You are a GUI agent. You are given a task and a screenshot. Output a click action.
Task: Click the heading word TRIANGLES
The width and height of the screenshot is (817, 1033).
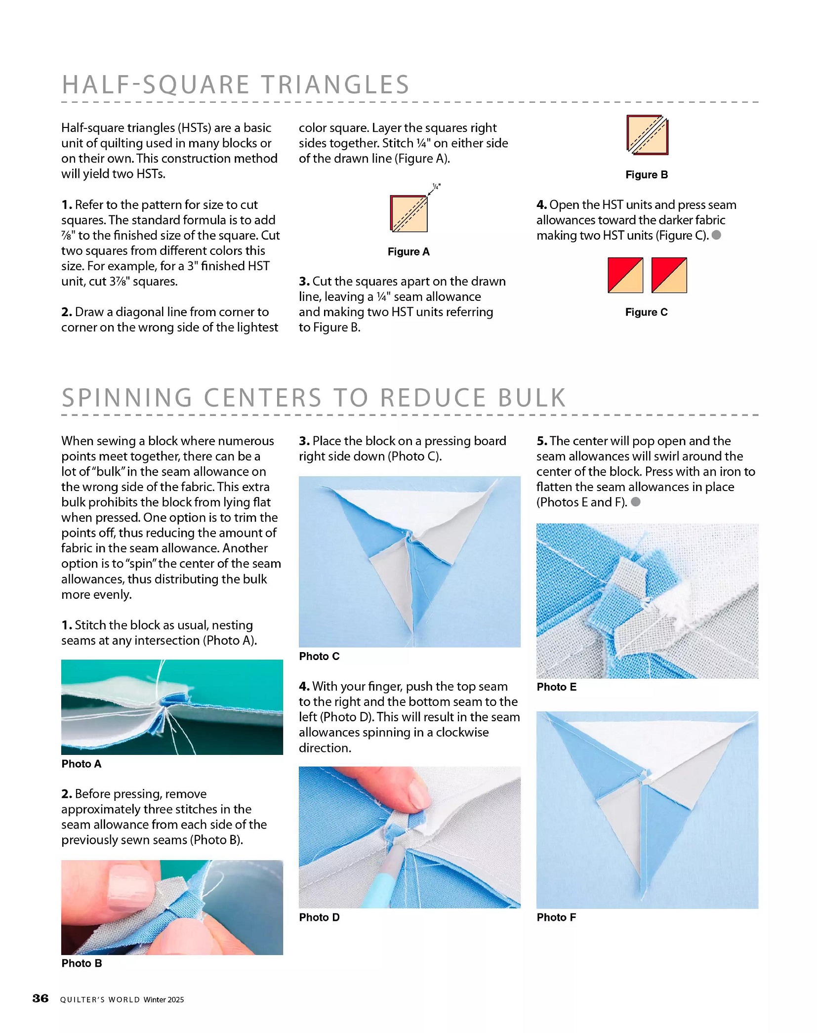pyautogui.click(x=335, y=84)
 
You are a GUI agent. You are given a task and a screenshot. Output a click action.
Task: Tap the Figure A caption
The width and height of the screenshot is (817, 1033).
pyautogui.click(x=408, y=251)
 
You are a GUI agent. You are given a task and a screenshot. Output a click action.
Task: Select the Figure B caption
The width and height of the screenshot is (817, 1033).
pyautogui.click(x=647, y=174)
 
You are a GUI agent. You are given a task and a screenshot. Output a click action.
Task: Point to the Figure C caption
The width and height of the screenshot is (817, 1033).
pyautogui.click(x=646, y=312)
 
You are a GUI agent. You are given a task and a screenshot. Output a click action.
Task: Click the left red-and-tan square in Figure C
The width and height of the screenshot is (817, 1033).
pyautogui.click(x=625, y=275)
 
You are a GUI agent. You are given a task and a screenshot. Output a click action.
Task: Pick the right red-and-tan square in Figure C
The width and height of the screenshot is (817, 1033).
pyautogui.click(x=669, y=275)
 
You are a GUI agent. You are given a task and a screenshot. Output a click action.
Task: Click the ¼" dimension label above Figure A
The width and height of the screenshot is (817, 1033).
pyautogui.click(x=436, y=187)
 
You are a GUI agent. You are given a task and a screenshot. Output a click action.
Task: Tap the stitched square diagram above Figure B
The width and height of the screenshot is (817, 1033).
pyautogui.click(x=647, y=135)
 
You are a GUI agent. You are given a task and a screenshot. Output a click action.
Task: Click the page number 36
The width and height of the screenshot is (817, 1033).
pyautogui.click(x=41, y=998)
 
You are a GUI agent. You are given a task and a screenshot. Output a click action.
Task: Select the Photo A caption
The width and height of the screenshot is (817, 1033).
pyautogui.click(x=81, y=764)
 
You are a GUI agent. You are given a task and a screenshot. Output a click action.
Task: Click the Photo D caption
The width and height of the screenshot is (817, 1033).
pyautogui.click(x=319, y=917)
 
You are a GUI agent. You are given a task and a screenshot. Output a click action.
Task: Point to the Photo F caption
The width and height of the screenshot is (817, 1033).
pyautogui.click(x=556, y=917)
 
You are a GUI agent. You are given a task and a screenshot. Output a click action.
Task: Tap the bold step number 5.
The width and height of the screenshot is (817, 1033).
pyautogui.click(x=541, y=441)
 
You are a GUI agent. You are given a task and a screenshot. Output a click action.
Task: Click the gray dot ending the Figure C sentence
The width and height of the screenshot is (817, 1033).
pyautogui.click(x=716, y=235)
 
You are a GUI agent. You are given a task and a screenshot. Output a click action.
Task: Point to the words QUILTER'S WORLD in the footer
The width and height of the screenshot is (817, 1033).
pyautogui.click(x=100, y=999)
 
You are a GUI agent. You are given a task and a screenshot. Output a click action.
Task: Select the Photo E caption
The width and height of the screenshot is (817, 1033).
pyautogui.click(x=556, y=687)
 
